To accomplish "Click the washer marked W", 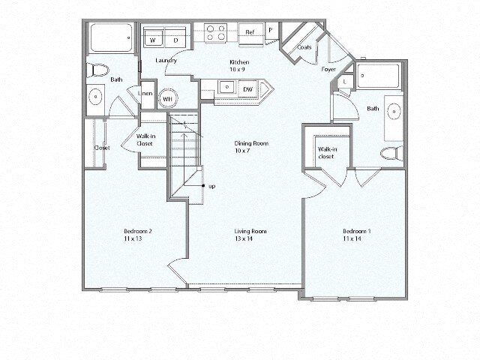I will pyautogui.click(x=153, y=39).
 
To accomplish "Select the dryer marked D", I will pyautogui.click(x=176, y=39).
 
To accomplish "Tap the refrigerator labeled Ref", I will pyautogui.click(x=250, y=33).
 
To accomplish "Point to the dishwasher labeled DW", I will pyautogui.click(x=247, y=89).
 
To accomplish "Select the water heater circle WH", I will pyautogui.click(x=168, y=98).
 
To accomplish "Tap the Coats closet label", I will pyautogui.click(x=304, y=47).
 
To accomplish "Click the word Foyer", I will pyautogui.click(x=328, y=69).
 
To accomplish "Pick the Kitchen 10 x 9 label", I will pyautogui.click(x=238, y=65).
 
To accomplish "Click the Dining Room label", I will pyautogui.click(x=250, y=147).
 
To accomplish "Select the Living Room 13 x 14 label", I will pyautogui.click(x=249, y=235).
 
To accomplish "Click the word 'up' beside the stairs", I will pyautogui.click(x=212, y=185).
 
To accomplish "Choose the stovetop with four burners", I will pyautogui.click(x=217, y=33).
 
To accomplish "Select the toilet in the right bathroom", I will pyautogui.click(x=390, y=154).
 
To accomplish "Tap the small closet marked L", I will pyautogui.click(x=344, y=81).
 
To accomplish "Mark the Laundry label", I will pyautogui.click(x=166, y=61).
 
